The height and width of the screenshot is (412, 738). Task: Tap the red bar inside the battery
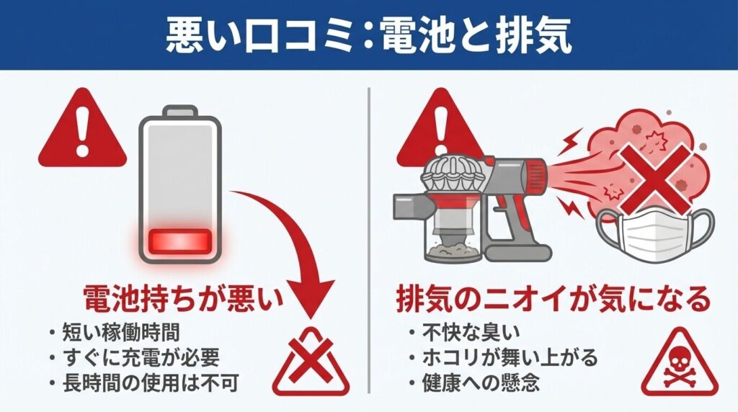click(179, 242)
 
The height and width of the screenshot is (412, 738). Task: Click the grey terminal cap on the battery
click(179, 111)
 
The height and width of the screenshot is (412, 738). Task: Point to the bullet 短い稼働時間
click(121, 333)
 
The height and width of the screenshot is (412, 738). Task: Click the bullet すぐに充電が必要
click(141, 358)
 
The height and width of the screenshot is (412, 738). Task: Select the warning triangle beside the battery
click(82, 129)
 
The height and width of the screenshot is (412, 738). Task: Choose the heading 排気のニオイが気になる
click(553, 300)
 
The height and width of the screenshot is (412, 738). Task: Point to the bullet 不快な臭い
click(471, 333)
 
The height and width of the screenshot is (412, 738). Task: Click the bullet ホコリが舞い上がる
click(510, 358)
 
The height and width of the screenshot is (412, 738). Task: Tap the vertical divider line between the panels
click(369, 240)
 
